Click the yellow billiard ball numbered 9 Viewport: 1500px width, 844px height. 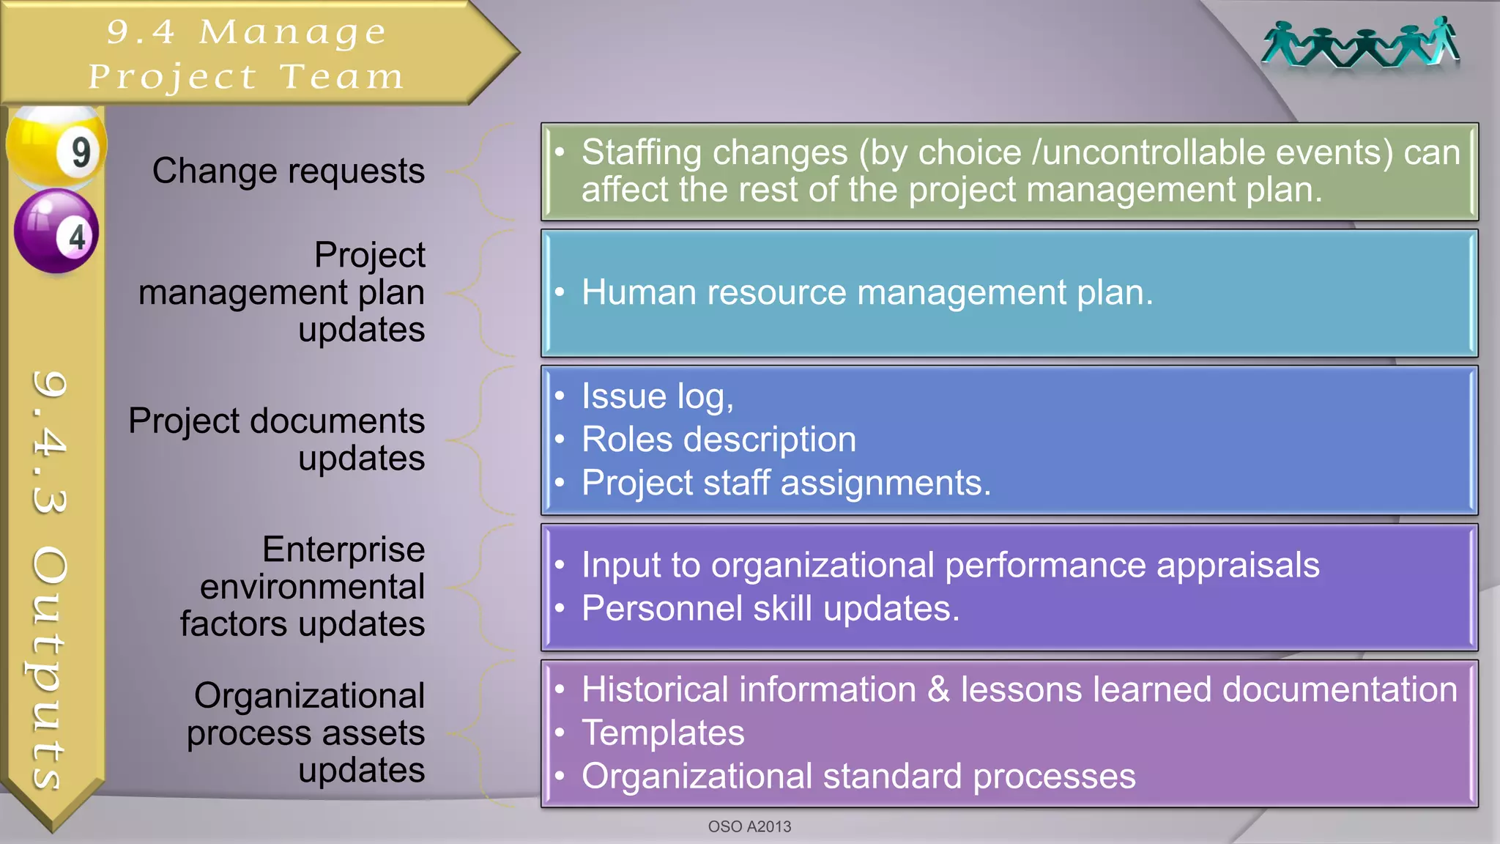(x=57, y=147)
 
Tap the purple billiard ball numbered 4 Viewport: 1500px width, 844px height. (x=56, y=231)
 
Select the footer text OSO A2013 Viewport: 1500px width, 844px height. (x=749, y=826)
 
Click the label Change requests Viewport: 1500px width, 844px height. (x=288, y=171)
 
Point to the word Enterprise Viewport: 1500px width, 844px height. (x=344, y=549)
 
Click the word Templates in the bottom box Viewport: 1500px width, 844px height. (x=663, y=733)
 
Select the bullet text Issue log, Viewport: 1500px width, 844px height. (x=657, y=396)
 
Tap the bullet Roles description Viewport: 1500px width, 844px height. (x=719, y=440)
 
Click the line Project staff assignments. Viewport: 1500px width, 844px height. (x=786, y=483)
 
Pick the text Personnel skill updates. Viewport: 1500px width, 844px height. (x=771, y=609)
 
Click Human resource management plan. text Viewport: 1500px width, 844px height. (x=867, y=292)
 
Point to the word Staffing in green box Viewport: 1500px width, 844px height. (x=641, y=152)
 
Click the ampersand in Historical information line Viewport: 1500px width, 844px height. (x=938, y=690)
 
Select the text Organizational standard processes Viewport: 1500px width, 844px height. (x=858, y=777)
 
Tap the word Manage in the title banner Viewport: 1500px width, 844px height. (x=292, y=32)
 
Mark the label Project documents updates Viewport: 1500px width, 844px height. (x=277, y=440)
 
